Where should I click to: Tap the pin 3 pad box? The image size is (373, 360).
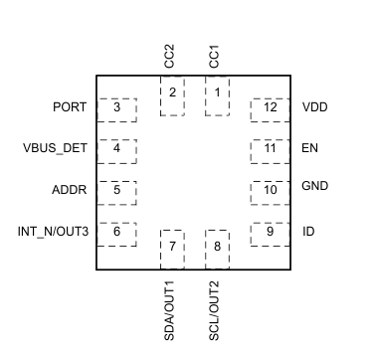click(117, 107)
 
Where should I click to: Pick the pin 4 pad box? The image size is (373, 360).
click(117, 149)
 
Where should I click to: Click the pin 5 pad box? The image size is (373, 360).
click(117, 190)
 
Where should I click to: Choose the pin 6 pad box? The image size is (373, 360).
click(117, 232)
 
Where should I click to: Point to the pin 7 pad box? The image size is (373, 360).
click(172, 247)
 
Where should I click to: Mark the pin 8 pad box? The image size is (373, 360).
click(216, 247)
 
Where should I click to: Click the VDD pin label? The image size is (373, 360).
click(314, 107)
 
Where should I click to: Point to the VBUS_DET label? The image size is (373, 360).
click(56, 149)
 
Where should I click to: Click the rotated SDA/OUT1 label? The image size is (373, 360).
click(168, 311)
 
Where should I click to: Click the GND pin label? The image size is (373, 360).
click(314, 186)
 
